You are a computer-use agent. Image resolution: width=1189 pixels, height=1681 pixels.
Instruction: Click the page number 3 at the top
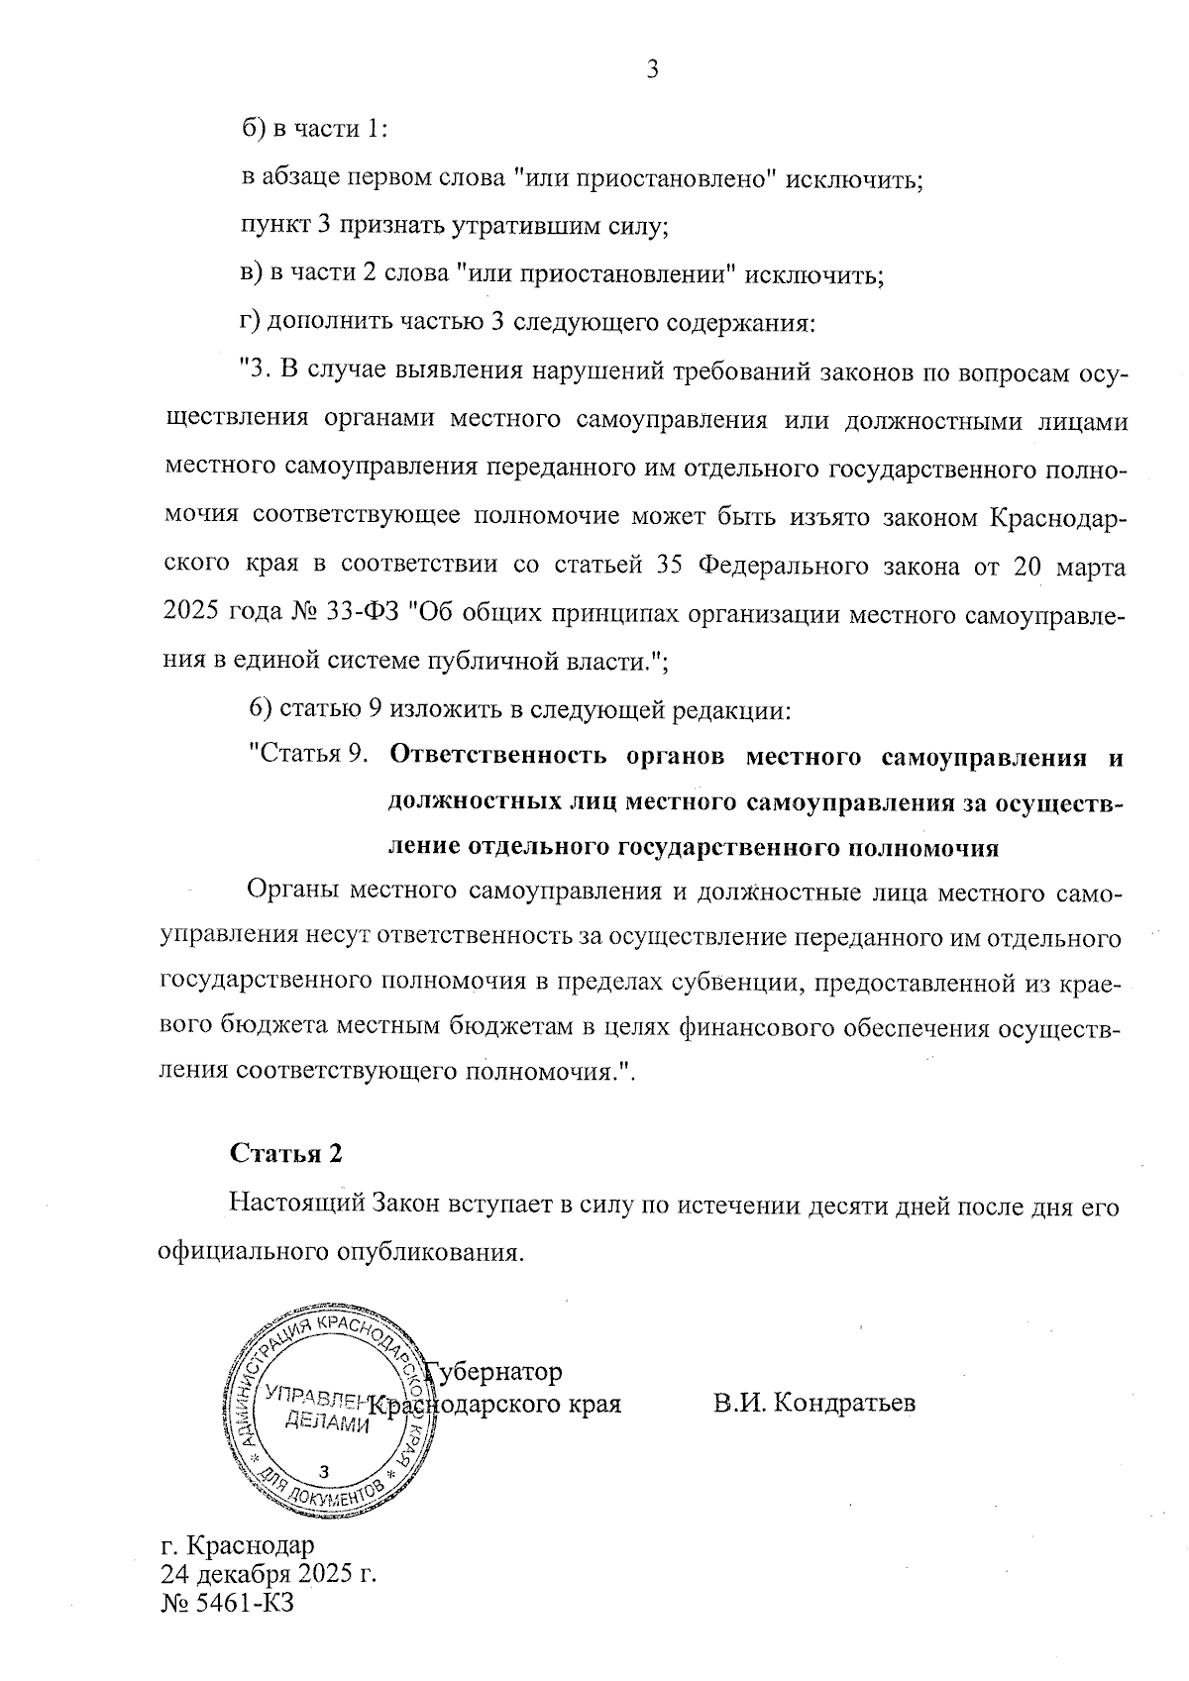(x=652, y=69)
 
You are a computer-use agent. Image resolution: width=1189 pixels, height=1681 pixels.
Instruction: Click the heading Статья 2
(x=285, y=1154)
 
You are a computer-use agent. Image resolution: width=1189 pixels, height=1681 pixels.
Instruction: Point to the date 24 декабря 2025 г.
(x=268, y=1574)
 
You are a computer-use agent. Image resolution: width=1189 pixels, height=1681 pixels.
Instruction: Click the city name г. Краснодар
(x=237, y=1545)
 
